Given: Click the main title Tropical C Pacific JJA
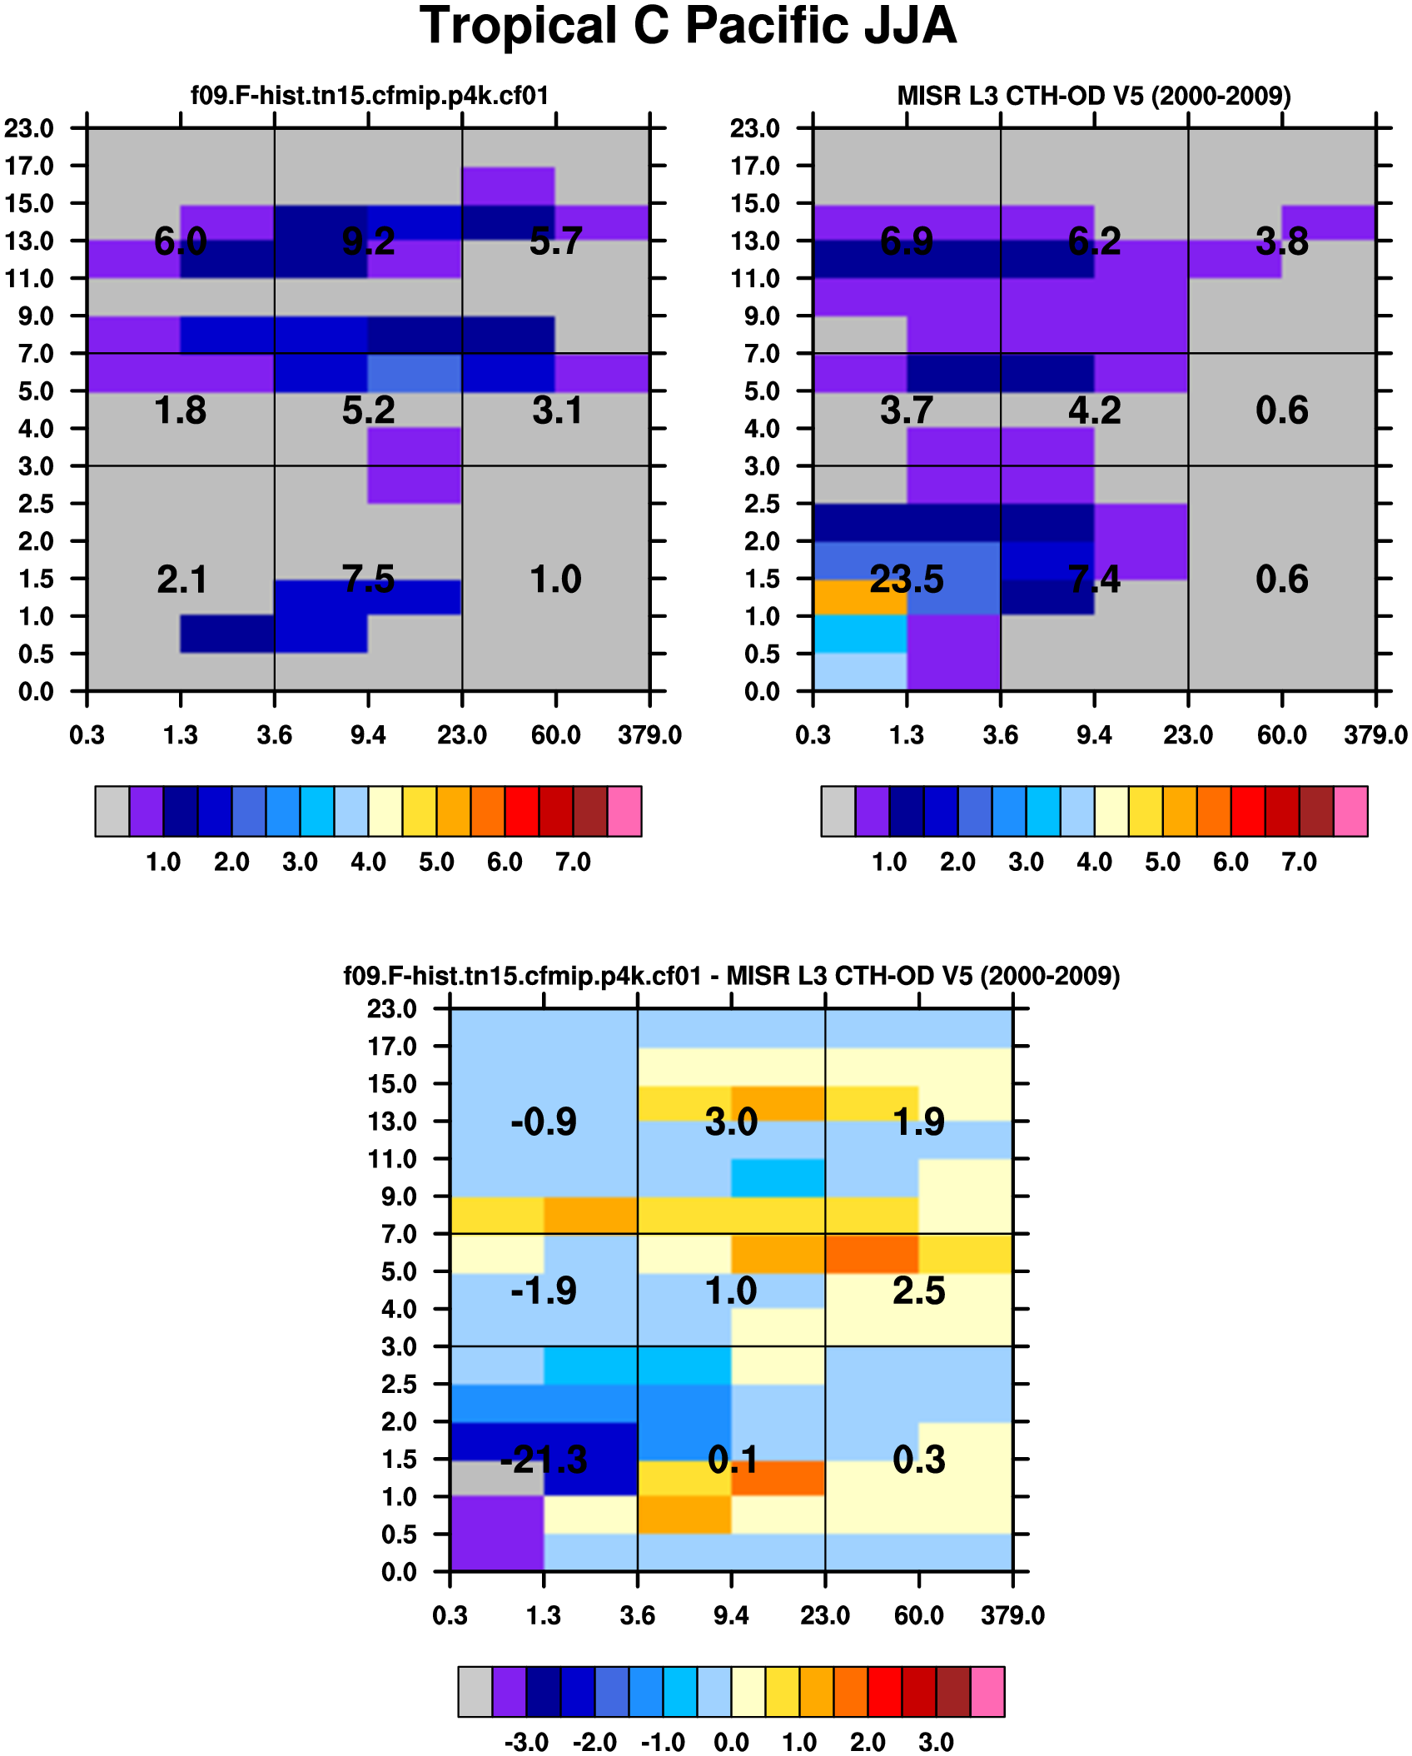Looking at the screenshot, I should pos(688,27).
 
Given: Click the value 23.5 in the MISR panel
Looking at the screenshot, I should pos(906,580).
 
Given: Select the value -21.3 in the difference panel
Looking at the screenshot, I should pos(543,1460).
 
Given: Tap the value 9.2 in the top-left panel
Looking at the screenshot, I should pos(368,242).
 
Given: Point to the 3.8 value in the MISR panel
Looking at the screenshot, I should pos(1281,242).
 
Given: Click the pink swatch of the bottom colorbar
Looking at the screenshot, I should pos(987,1691).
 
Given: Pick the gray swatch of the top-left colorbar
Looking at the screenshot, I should pos(112,811).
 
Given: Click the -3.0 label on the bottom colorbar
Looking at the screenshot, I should pos(526,1742).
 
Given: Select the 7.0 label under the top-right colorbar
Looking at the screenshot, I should pos(1299,862).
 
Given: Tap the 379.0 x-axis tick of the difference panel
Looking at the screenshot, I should pos(1012,1615).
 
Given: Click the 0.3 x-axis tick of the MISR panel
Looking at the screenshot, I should pos(813,735).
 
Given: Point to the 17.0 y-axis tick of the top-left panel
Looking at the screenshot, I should pos(29,167).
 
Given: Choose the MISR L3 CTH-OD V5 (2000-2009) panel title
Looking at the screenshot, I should pos(1094,97).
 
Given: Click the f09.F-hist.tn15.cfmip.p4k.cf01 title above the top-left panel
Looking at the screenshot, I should pos(370,97).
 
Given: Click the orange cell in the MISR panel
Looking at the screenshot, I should pos(859,597).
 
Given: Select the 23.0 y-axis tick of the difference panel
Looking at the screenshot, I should pos(392,1009).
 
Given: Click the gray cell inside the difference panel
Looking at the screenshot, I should pos(496,1478).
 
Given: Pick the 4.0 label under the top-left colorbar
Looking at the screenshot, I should pos(368,862).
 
